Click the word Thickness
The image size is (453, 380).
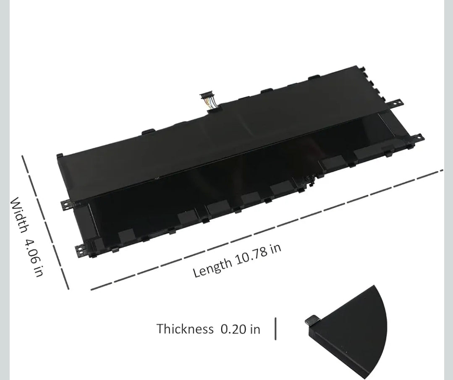coord(185,329)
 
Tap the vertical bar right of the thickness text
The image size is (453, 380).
coord(275,329)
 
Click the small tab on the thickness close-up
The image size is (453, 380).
coord(312,320)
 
